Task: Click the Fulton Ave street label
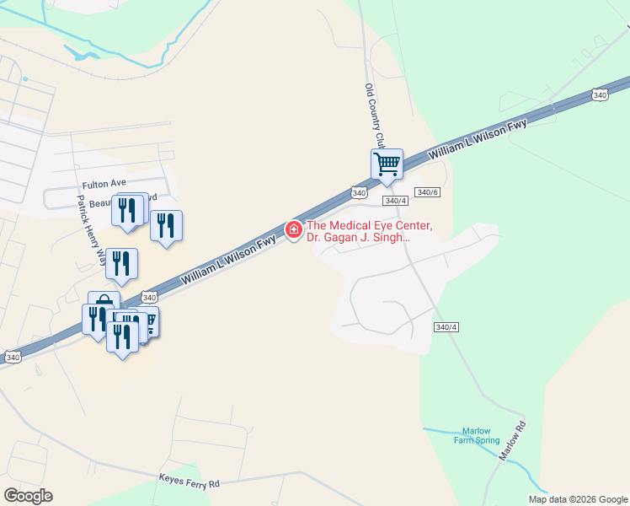pyautogui.click(x=104, y=183)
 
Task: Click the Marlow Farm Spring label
pyautogui.click(x=480, y=435)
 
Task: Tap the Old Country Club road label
pyautogui.click(x=375, y=113)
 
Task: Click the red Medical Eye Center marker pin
pyautogui.click(x=294, y=229)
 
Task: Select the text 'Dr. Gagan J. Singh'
pyautogui.click(x=358, y=239)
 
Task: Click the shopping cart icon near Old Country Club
pyautogui.click(x=387, y=163)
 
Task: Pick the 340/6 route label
pyautogui.click(x=428, y=193)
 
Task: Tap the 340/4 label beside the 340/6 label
pyautogui.click(x=395, y=201)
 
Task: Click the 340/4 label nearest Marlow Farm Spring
pyautogui.click(x=446, y=327)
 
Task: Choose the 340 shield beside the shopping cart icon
pyautogui.click(x=360, y=193)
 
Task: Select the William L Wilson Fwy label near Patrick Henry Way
pyautogui.click(x=228, y=259)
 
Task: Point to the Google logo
pyautogui.click(x=28, y=496)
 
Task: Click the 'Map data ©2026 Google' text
pyautogui.click(x=578, y=499)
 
